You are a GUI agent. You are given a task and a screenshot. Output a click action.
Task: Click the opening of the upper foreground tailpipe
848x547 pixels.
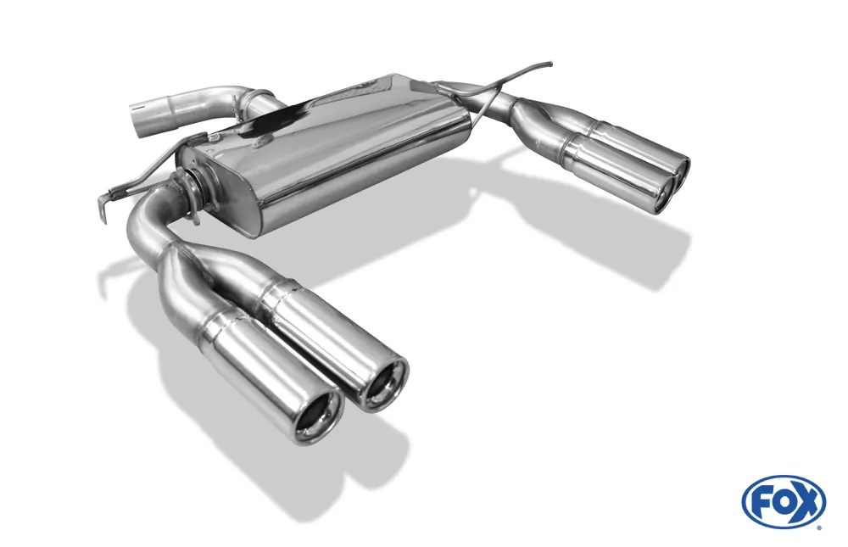pyautogui.click(x=382, y=384)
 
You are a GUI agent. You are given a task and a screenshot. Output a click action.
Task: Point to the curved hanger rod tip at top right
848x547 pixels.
pyautogui.click(x=547, y=64)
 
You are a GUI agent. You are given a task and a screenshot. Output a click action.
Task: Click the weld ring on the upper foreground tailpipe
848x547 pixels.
pyautogui.click(x=273, y=293)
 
